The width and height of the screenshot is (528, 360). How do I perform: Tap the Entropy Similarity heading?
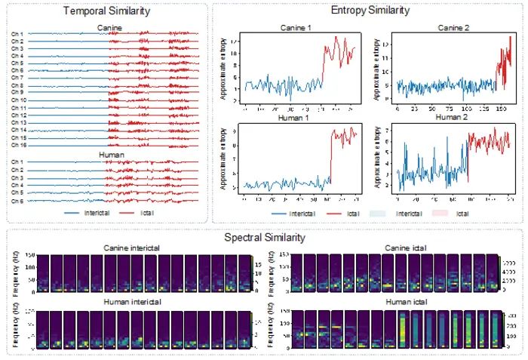[x=370, y=11]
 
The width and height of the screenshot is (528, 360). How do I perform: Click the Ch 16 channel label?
[x=18, y=144]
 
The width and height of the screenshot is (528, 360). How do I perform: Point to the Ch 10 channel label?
[x=18, y=100]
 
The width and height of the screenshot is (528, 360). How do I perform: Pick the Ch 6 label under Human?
[x=17, y=201]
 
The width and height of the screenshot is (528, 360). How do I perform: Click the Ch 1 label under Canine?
[x=17, y=34]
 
